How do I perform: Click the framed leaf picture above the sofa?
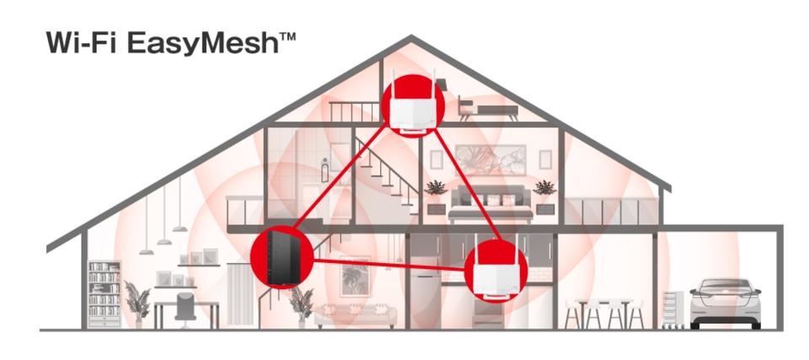[355, 273]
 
